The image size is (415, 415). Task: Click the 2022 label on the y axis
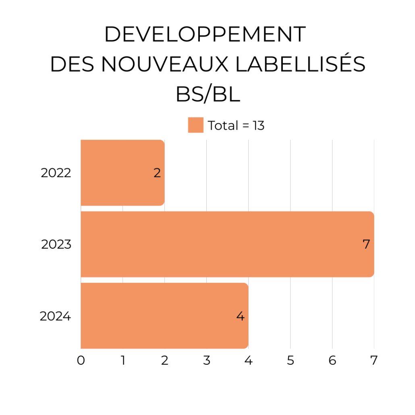(x=56, y=173)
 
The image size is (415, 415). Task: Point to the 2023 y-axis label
(x=56, y=245)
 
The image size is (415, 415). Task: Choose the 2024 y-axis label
(x=56, y=316)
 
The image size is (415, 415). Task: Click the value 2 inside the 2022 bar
(x=157, y=173)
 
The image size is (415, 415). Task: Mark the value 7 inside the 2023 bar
(x=366, y=245)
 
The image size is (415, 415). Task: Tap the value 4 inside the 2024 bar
(x=241, y=316)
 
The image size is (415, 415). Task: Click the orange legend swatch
(x=196, y=125)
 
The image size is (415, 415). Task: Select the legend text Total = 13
(x=236, y=126)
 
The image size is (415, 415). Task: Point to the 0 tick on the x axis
(x=81, y=360)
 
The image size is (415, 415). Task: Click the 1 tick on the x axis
(x=123, y=360)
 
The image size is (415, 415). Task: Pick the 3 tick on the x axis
(x=207, y=360)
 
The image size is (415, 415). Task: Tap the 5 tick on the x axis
(x=290, y=360)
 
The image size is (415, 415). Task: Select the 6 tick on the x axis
(x=332, y=360)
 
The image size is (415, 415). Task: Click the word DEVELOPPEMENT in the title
(x=205, y=35)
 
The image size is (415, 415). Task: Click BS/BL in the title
(x=207, y=94)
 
